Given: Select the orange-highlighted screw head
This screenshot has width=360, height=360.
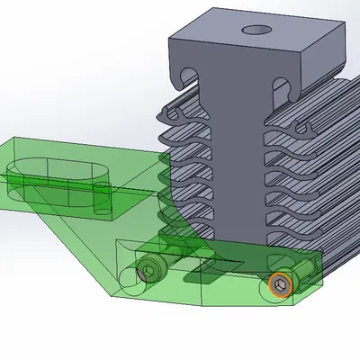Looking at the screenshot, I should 281,286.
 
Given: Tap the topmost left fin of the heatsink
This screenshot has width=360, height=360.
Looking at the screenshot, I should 180,114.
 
